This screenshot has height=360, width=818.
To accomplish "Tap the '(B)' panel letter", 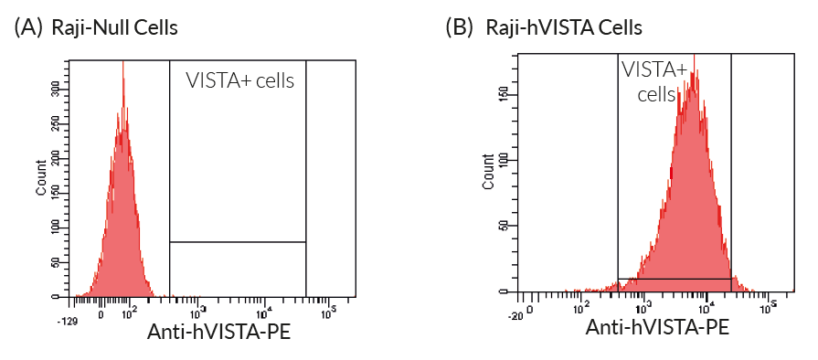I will click(460, 28).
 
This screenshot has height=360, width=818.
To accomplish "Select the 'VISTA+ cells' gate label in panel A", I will click(240, 80).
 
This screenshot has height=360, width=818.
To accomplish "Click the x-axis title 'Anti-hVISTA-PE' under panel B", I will click(657, 327).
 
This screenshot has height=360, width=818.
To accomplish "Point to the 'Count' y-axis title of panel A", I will click(41, 178).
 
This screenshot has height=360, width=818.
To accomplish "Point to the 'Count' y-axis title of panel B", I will click(488, 174).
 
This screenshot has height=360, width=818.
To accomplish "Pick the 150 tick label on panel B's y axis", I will click(504, 94).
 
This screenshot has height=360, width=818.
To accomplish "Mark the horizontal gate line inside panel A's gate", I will click(238, 242).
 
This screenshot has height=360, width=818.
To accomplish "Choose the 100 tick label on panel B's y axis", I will click(504, 160).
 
